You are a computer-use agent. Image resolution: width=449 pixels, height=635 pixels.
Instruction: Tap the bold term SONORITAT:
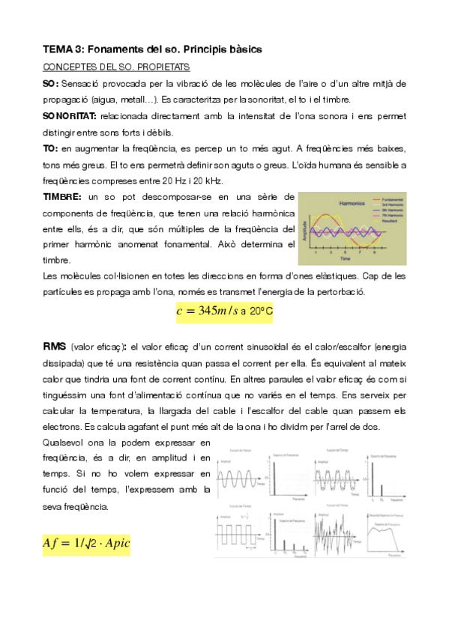click(x=72, y=116)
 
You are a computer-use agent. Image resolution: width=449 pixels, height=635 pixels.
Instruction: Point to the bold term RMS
click(x=54, y=347)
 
